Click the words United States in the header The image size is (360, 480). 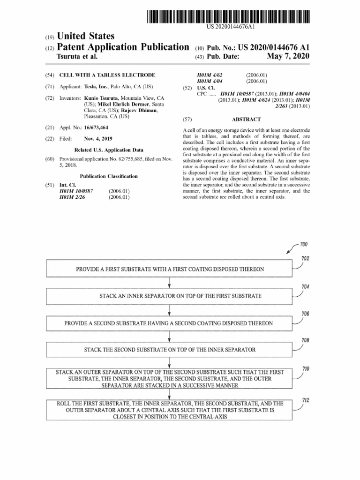coord(85,37)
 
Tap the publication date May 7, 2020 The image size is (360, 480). coord(288,57)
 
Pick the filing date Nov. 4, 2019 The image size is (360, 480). coord(98,139)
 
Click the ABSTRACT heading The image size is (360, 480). coord(246,120)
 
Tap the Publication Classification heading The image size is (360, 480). coord(109,176)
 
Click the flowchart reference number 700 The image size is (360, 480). coord(303,245)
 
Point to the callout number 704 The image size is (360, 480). coord(305,287)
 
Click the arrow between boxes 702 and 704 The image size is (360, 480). coord(169,283)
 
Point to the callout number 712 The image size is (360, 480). coord(306,400)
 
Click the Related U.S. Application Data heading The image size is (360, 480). coord(109,150)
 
